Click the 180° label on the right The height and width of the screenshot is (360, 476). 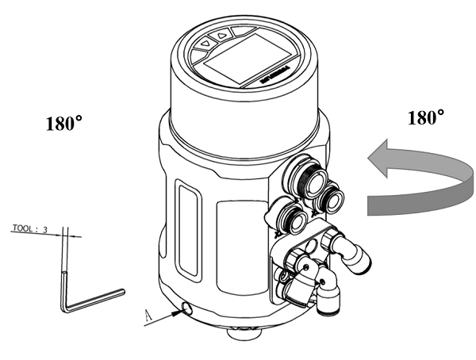[425, 119]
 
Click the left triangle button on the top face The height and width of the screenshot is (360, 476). [206, 37]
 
